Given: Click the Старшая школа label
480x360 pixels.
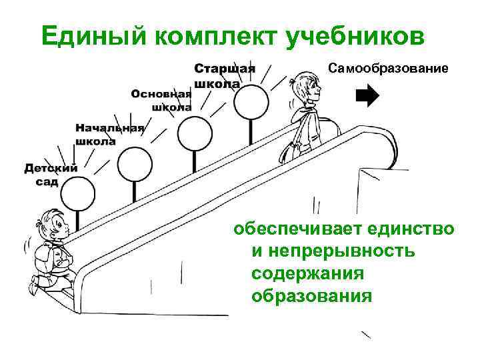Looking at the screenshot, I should click(x=224, y=75).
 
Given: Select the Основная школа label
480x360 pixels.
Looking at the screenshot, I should click(x=161, y=99).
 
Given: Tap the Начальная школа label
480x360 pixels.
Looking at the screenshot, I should click(x=109, y=134).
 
